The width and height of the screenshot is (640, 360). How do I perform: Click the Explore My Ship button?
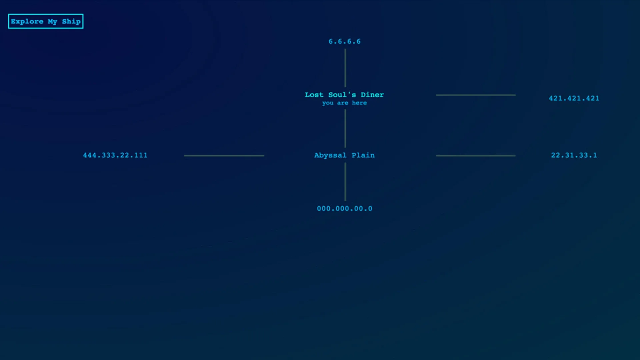point(46,21)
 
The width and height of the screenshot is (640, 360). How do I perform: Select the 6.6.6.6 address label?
point(345,42)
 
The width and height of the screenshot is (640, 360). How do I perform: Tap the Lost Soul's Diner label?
point(344,95)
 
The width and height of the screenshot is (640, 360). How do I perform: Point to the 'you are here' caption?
point(344,103)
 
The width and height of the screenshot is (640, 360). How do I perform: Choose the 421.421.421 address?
point(574,98)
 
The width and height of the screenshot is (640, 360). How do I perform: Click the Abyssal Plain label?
point(344,155)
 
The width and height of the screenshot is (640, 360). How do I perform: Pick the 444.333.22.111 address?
point(115,155)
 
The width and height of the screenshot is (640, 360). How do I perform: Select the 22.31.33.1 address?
point(574,155)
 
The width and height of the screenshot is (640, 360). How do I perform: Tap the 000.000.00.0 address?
point(345,209)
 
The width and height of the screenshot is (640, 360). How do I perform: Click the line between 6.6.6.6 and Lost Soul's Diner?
point(345,68)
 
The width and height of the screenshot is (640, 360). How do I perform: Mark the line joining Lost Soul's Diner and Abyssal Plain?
point(345,128)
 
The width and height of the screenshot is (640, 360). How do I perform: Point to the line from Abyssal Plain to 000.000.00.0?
point(345,182)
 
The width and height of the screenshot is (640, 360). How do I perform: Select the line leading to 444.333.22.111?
point(224,156)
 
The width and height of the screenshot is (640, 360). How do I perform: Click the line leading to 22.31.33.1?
point(476,156)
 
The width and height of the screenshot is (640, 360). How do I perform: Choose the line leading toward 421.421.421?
point(476,95)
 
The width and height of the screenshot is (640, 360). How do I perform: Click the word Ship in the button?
point(71,22)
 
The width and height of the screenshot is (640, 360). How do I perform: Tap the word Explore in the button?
point(27,22)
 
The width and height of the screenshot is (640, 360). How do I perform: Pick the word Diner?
point(372,95)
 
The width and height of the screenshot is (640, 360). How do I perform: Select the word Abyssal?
point(330,155)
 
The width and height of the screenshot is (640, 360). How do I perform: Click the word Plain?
point(363,155)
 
